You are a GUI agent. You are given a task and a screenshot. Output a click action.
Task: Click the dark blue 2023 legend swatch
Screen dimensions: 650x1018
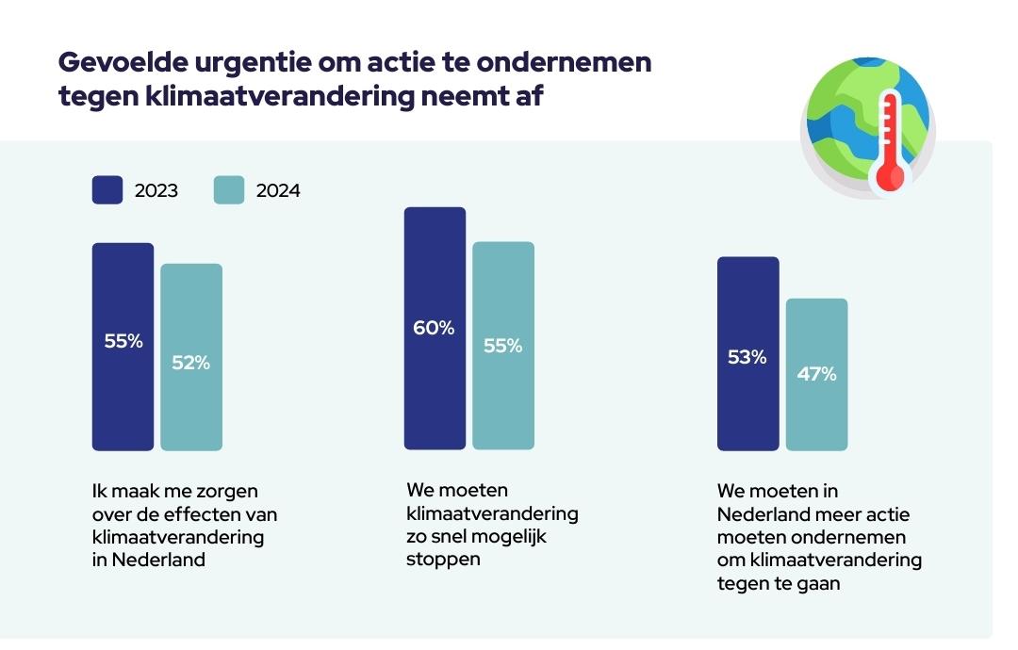[107, 190]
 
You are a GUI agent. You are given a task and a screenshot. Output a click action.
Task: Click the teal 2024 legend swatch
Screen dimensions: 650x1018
[229, 190]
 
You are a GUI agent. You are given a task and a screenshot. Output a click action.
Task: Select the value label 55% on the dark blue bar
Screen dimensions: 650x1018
[123, 341]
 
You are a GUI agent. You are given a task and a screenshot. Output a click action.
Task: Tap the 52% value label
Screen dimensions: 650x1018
[191, 362]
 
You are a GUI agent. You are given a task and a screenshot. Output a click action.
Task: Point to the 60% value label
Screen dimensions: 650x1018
[434, 328]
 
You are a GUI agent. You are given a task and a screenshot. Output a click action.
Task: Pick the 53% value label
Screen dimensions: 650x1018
[747, 357]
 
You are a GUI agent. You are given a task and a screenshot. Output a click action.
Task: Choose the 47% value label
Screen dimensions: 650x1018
[816, 374]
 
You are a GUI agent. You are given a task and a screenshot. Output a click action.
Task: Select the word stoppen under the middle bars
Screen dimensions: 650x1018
[443, 559]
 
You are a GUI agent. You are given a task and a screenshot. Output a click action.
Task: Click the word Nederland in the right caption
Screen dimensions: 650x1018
[763, 514]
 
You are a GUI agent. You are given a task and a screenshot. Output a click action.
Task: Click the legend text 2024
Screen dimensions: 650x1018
[278, 191]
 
